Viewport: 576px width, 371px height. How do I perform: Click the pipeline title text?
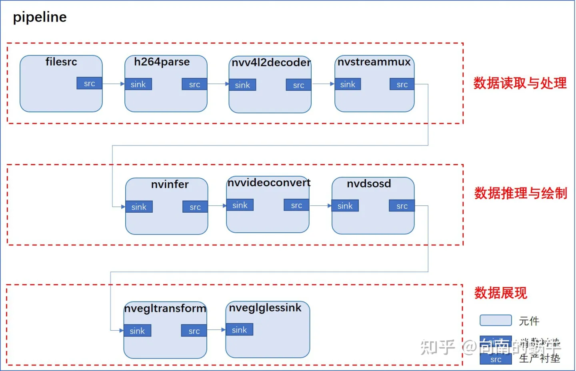(x=40, y=17)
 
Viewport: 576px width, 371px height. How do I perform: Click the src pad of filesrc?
(x=89, y=83)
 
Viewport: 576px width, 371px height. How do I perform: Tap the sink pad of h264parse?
(x=138, y=84)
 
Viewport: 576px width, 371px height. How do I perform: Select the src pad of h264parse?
(x=194, y=84)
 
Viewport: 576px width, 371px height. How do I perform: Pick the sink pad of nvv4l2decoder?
(x=242, y=85)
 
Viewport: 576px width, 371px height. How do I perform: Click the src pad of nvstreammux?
(x=402, y=84)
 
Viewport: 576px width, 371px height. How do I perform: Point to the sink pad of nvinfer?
(x=139, y=207)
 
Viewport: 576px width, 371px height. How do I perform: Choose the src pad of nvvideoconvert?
(x=296, y=205)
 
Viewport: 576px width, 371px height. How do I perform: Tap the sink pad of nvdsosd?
(x=345, y=206)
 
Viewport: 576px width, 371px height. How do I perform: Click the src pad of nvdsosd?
(x=402, y=206)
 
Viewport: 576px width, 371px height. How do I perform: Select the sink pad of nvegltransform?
(x=137, y=331)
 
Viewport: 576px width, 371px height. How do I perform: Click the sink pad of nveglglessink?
(x=239, y=329)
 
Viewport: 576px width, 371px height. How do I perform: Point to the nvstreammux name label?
(x=374, y=62)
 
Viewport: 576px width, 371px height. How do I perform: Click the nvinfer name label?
(x=170, y=184)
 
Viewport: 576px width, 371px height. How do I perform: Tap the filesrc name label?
(x=61, y=62)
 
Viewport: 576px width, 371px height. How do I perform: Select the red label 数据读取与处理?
(x=520, y=83)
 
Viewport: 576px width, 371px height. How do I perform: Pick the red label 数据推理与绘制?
(x=521, y=193)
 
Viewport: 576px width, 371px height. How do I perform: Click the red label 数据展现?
(x=501, y=293)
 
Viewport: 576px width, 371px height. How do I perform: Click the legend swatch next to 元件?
(x=496, y=320)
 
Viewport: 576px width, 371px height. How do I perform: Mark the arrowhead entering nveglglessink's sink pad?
(x=223, y=330)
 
